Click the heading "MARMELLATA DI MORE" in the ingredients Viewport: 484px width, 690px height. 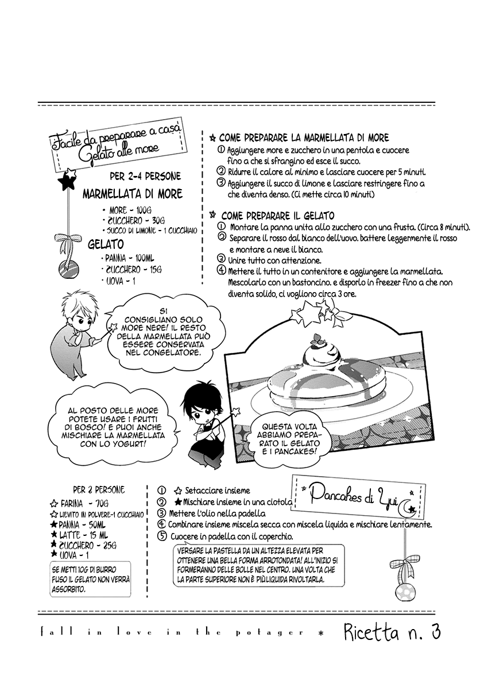133,194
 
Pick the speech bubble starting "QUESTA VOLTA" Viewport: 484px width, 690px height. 292,439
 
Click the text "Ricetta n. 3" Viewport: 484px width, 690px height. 392,633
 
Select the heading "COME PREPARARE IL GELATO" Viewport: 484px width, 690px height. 277,216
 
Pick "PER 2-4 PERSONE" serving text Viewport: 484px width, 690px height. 145,177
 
